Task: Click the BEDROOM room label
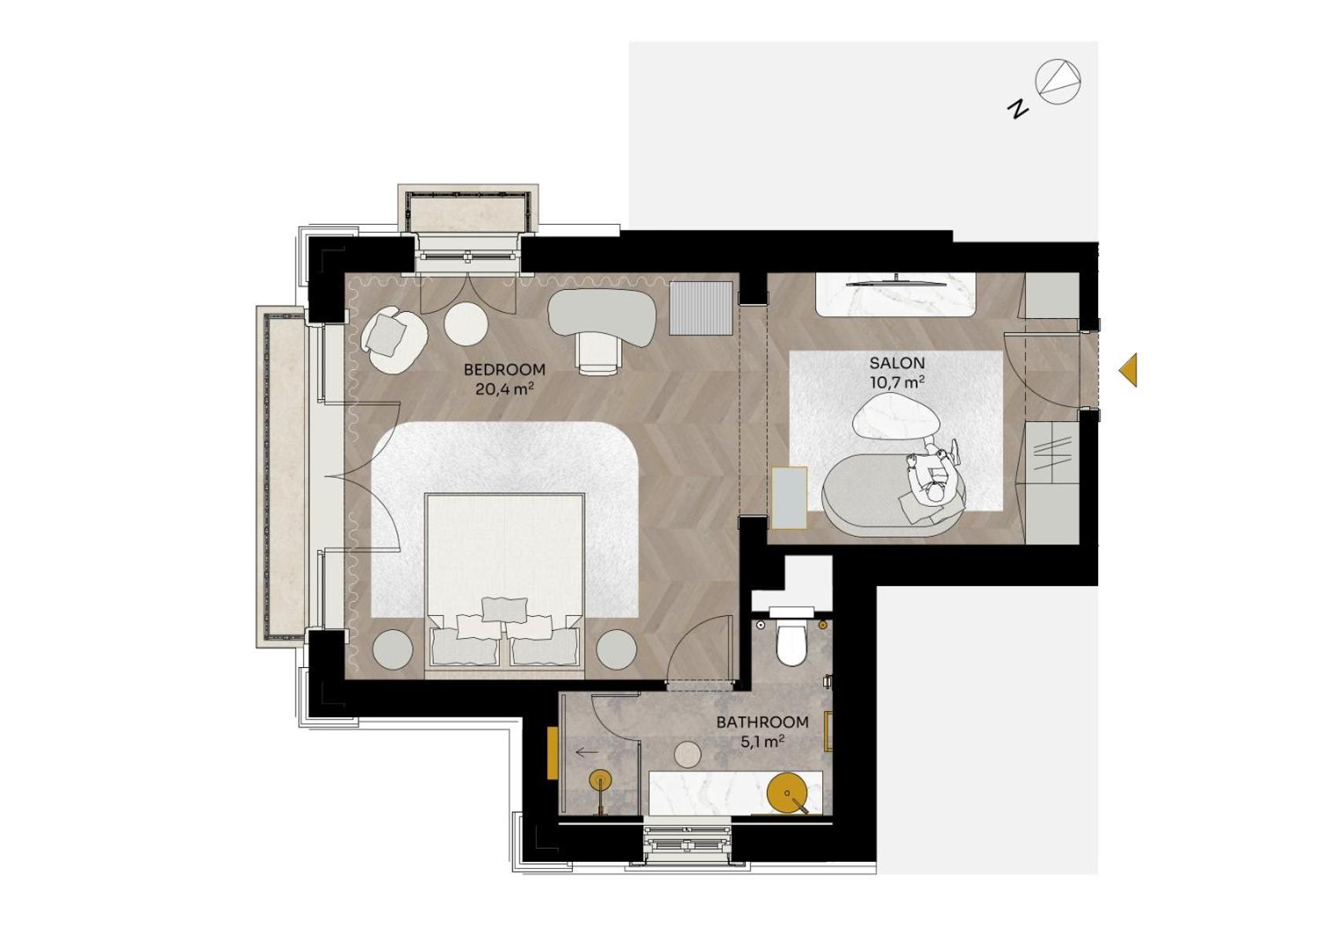point(504,369)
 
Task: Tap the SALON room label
point(897,363)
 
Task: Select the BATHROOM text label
point(762,721)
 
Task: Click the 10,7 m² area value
point(897,383)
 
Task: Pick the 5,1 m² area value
point(762,741)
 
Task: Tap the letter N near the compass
point(1018,108)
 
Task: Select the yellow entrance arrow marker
point(1129,369)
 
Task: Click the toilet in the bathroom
point(791,641)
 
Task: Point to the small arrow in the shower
point(586,752)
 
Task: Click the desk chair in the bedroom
point(599,351)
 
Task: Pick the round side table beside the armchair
point(466,323)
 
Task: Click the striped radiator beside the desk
point(701,308)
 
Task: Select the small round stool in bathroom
point(688,753)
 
